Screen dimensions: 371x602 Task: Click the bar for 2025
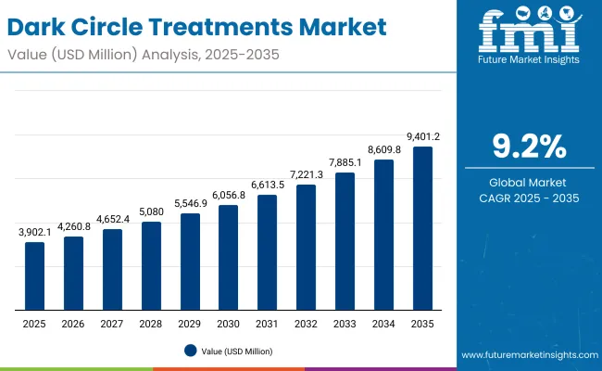click(34, 275)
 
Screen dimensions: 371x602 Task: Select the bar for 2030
click(229, 257)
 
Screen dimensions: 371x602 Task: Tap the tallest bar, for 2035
click(422, 227)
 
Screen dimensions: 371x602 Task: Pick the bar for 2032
click(306, 247)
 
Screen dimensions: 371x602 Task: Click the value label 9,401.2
click(422, 137)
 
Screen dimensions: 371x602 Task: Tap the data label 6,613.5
click(267, 185)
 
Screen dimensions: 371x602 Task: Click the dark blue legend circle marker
click(190, 351)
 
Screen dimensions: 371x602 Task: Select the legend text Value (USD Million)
click(236, 351)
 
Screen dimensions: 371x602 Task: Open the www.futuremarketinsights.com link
click(526, 355)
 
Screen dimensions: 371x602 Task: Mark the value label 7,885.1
click(345, 163)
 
